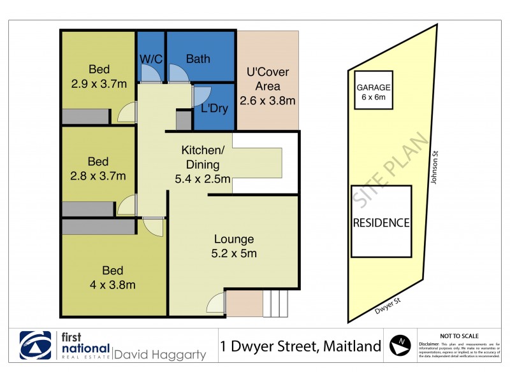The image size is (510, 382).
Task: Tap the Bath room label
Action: pyautogui.click(x=198, y=59)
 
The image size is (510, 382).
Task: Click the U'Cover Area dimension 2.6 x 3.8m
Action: pyautogui.click(x=267, y=101)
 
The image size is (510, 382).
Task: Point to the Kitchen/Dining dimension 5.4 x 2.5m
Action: pyautogui.click(x=202, y=179)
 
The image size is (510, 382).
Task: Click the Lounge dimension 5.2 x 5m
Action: pyautogui.click(x=234, y=253)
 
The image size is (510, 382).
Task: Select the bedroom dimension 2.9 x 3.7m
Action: pyautogui.click(x=99, y=83)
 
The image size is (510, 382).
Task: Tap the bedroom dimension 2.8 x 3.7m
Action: pyautogui.click(x=98, y=176)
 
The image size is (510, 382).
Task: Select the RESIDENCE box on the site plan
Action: pyautogui.click(x=381, y=222)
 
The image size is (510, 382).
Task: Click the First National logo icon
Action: pyautogui.click(x=36, y=346)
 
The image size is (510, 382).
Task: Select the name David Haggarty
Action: pyautogui.click(x=160, y=355)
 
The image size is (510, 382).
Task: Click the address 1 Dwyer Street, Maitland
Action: pyautogui.click(x=300, y=346)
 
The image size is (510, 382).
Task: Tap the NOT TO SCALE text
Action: pyautogui.click(x=460, y=336)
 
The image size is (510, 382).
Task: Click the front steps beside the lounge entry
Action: pyautogui.click(x=275, y=304)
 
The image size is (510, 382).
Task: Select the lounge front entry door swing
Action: pyautogui.click(x=216, y=302)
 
